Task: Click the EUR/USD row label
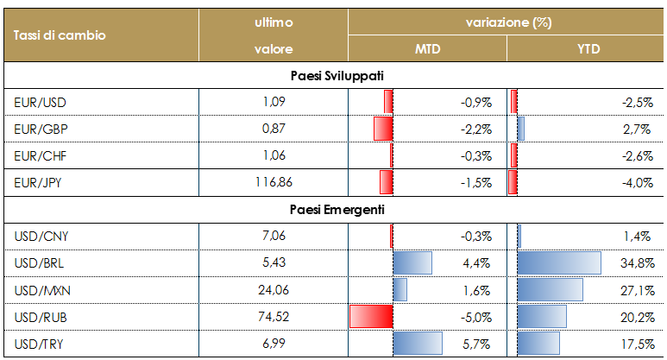click(41, 103)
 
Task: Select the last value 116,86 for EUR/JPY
click(274, 183)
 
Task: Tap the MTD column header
click(427, 49)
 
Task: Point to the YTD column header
click(588, 49)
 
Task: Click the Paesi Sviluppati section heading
click(337, 76)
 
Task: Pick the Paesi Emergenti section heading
click(337, 210)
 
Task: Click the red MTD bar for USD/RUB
click(371, 317)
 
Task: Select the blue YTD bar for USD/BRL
click(558, 263)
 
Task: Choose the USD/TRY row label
click(40, 344)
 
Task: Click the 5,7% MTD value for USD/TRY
click(477, 344)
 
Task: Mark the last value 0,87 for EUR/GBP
click(274, 129)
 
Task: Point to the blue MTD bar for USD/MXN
click(400, 290)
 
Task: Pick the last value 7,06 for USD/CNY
click(274, 237)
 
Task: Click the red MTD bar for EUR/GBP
click(383, 129)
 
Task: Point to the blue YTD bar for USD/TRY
click(539, 344)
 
